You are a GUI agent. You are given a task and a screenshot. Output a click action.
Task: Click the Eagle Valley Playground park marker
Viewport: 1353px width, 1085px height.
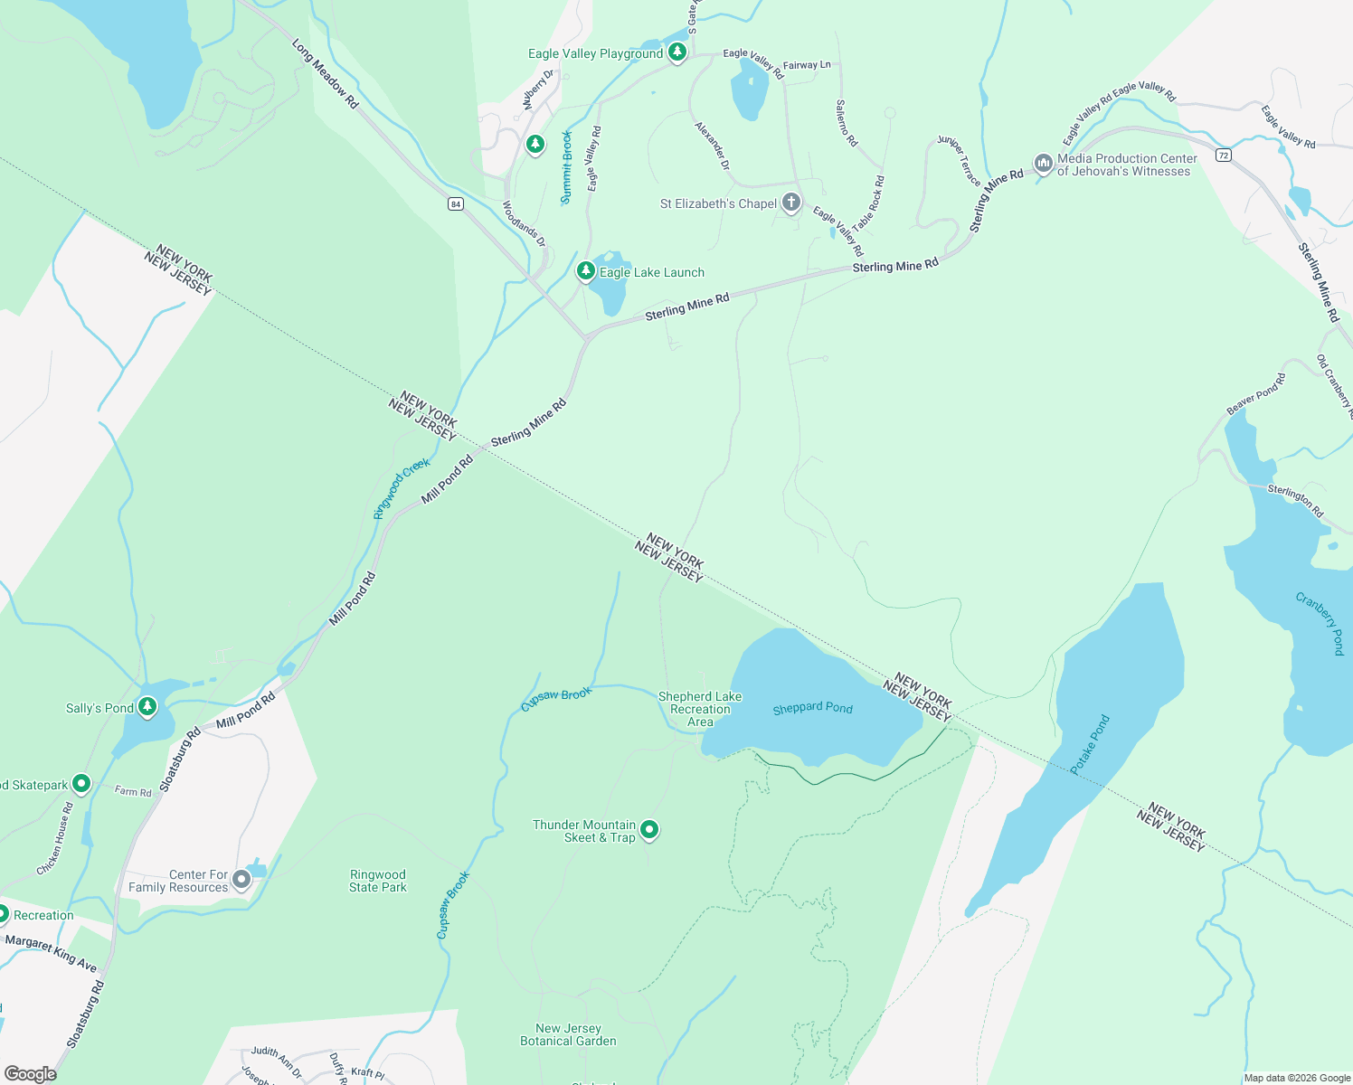click(677, 52)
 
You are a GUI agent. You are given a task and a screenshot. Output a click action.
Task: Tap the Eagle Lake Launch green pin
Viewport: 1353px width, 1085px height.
click(586, 270)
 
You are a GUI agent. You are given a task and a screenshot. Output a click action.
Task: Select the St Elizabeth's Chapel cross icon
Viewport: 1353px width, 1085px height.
click(791, 203)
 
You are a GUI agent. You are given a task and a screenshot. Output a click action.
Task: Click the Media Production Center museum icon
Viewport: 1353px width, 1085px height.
click(1043, 163)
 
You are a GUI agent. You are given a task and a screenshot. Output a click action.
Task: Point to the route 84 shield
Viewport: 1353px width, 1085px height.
click(456, 204)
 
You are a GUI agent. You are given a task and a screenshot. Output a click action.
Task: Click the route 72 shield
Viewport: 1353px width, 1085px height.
click(1224, 156)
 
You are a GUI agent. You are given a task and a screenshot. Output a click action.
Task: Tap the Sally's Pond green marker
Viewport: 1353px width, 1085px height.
click(147, 706)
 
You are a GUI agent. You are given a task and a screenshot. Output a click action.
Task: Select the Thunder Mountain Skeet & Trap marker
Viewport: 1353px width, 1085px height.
click(649, 829)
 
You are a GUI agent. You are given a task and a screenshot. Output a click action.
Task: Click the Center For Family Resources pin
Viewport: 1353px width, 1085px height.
click(241, 879)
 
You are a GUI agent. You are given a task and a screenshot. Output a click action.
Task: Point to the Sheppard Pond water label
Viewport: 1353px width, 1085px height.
click(812, 708)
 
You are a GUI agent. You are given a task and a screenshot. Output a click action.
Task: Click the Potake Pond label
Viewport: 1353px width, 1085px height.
click(1090, 744)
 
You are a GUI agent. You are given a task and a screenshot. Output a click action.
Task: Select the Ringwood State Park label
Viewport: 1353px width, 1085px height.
click(378, 881)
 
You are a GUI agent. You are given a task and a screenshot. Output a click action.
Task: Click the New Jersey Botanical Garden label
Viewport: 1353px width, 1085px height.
click(568, 1034)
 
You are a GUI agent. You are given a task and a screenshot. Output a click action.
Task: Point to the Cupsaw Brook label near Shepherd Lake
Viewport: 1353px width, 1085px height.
click(556, 699)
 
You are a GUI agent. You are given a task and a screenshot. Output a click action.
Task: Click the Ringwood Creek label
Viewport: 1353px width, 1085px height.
click(402, 489)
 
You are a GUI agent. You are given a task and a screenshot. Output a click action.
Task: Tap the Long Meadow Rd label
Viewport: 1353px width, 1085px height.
click(325, 73)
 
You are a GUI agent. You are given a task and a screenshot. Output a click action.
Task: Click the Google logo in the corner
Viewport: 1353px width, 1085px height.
click(31, 1073)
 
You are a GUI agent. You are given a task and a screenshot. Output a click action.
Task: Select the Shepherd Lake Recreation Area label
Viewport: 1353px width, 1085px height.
click(700, 709)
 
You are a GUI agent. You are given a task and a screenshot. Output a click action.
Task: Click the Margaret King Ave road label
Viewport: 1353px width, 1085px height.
click(51, 953)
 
